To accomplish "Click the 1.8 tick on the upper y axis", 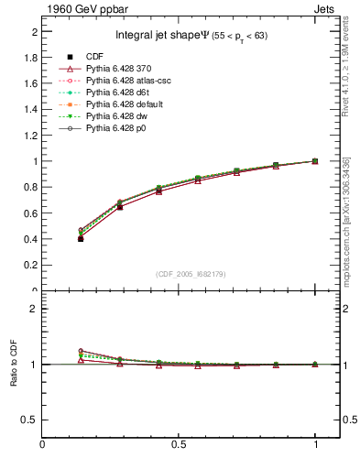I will click(x=31, y=57).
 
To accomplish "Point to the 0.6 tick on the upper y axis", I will click(x=31, y=213).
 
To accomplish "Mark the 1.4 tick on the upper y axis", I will click(x=31, y=109).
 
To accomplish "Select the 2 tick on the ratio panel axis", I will click(x=35, y=309).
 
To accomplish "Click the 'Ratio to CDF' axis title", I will click(x=14, y=364).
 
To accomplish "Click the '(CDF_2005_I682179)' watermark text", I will click(x=190, y=274).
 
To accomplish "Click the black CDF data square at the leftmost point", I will click(x=81, y=238).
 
